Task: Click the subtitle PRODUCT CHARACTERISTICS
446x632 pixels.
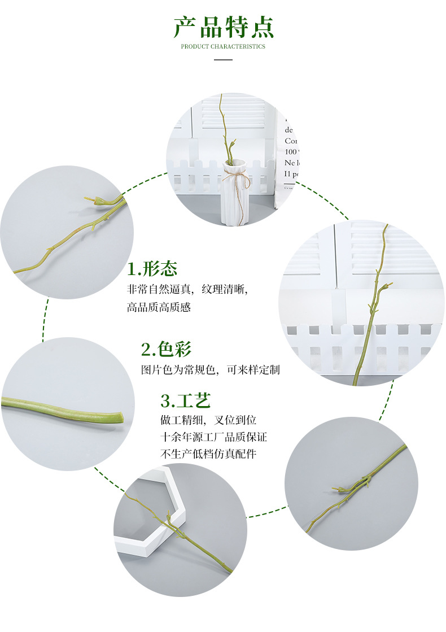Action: click(223, 46)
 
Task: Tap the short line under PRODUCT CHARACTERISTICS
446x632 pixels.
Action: click(223, 59)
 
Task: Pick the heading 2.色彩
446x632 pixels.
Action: click(167, 350)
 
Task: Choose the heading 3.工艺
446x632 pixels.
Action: click(186, 401)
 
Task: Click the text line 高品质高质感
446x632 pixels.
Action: click(159, 308)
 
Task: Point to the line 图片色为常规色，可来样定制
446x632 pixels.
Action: click(210, 371)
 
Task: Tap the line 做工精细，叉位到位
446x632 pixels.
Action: click(208, 420)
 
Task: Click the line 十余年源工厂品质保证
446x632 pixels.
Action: click(213, 437)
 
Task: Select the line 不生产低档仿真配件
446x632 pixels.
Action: click(208, 454)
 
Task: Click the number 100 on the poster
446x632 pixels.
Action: click(290, 152)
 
